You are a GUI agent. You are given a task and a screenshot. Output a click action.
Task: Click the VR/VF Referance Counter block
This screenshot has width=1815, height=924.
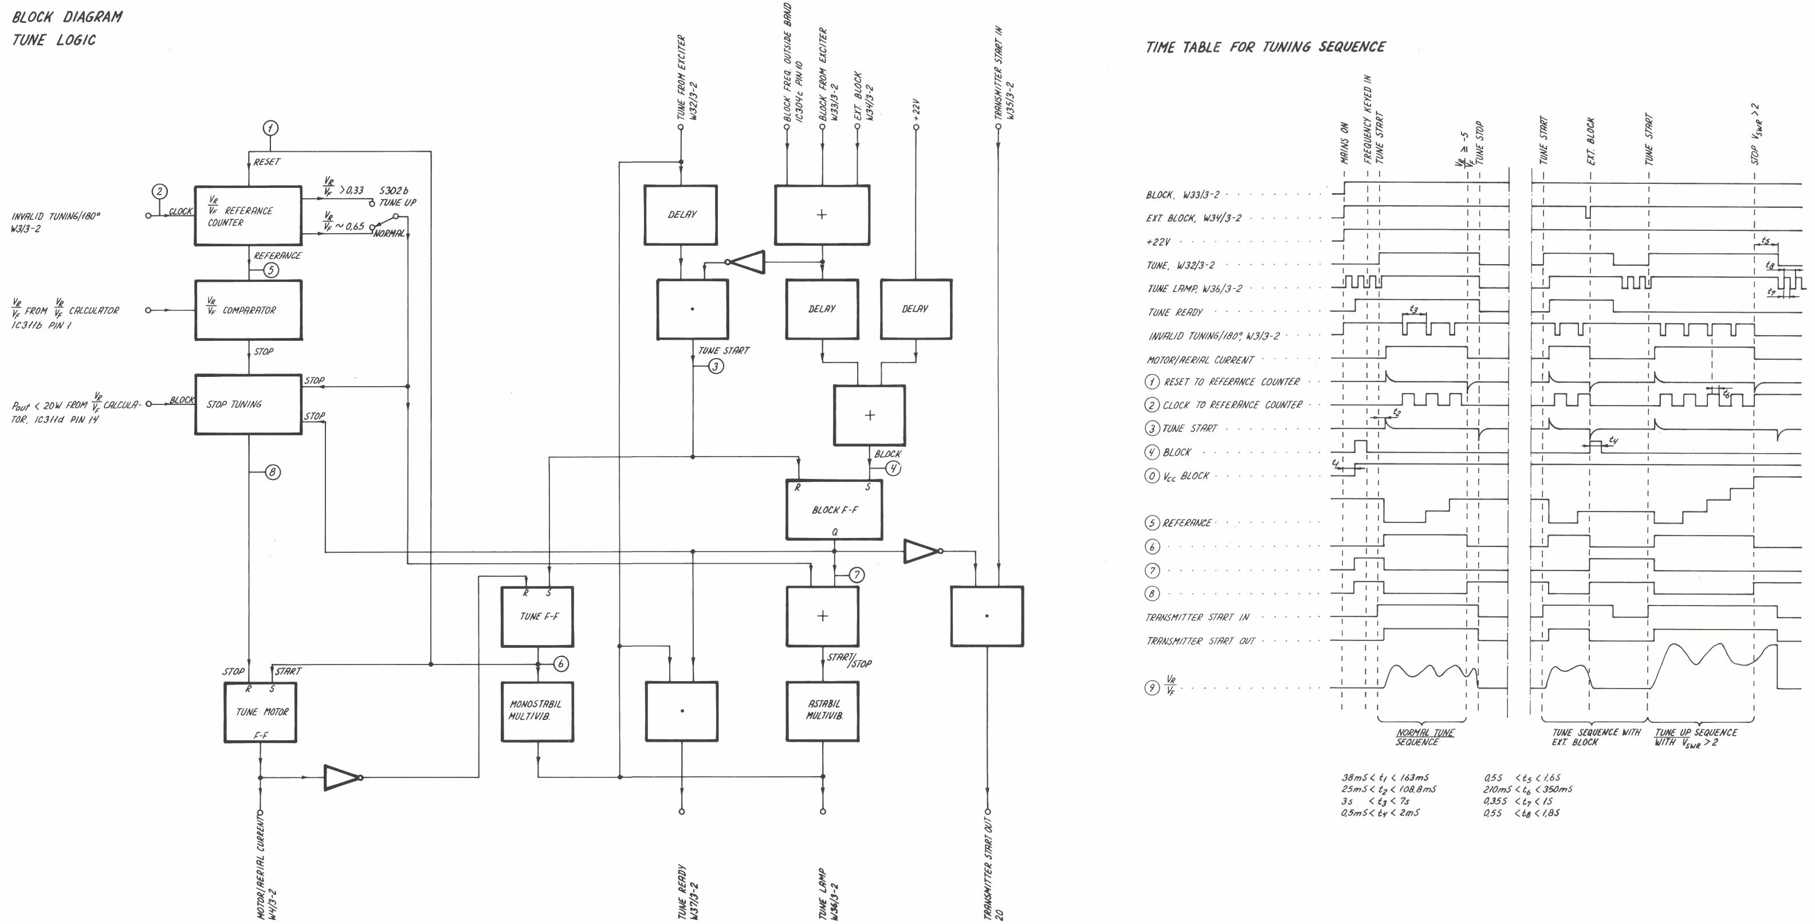tap(248, 215)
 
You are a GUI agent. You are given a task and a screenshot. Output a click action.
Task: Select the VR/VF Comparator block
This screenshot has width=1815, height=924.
tap(248, 310)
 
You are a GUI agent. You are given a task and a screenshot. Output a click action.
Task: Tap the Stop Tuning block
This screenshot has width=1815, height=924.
tap(248, 404)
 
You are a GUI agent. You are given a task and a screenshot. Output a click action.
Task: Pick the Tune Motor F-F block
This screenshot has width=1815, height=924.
tap(260, 711)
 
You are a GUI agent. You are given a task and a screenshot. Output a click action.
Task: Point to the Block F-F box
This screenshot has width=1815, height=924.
tap(834, 509)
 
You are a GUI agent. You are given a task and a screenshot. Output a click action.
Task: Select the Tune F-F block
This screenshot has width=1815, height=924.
tap(537, 616)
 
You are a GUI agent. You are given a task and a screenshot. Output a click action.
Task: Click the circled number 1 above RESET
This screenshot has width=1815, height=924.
tap(270, 128)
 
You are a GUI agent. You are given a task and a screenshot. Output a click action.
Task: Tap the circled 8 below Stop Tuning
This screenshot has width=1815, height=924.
tap(273, 472)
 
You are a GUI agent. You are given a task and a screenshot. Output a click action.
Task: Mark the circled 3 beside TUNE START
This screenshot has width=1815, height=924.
tap(716, 366)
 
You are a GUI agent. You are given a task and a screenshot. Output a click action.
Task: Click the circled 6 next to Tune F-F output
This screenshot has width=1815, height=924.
tap(561, 663)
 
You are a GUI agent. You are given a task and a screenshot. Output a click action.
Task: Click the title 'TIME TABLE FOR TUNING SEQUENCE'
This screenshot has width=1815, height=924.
tap(1266, 47)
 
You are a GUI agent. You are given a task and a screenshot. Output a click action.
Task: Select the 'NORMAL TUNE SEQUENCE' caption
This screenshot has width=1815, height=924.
tap(1425, 737)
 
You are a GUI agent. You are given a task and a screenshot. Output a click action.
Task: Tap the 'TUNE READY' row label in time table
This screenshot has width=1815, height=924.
tap(1174, 312)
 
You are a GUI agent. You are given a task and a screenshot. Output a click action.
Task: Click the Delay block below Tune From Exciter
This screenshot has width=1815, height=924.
tap(681, 215)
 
